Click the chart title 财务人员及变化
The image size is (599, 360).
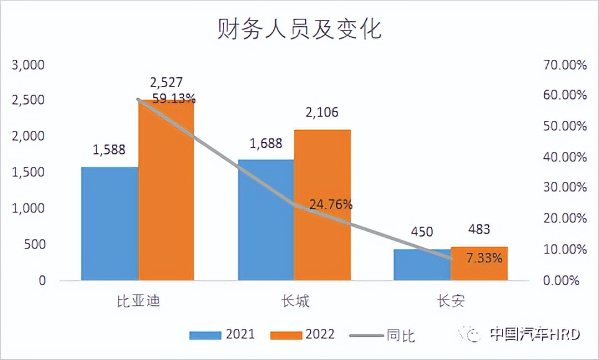[299, 28]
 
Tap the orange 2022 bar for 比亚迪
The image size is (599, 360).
[166, 190]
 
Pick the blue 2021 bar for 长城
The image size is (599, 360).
[266, 219]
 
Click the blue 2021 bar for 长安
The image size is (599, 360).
[422, 265]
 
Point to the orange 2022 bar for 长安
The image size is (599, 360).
[479, 263]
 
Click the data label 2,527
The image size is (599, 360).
[166, 82]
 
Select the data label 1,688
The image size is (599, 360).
[266, 143]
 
